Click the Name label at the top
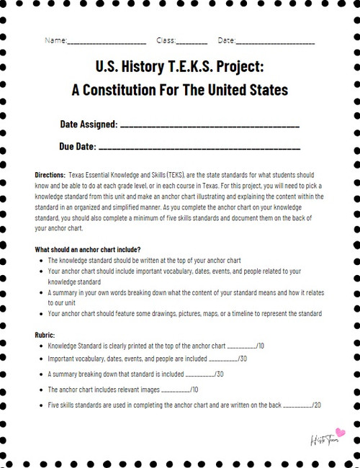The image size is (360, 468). pyautogui.click(x=55, y=40)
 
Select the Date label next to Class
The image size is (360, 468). pyautogui.click(x=226, y=40)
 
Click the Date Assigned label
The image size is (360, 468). pyautogui.click(x=89, y=124)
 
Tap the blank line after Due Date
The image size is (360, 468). pyautogui.click(x=198, y=148)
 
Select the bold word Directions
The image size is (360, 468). pyautogui.click(x=50, y=175)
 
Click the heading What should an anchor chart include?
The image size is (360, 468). pyautogui.click(x=87, y=249)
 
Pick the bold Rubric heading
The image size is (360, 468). pyautogui.click(x=45, y=335)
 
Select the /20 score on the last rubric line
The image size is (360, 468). pyautogui.click(x=316, y=405)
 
